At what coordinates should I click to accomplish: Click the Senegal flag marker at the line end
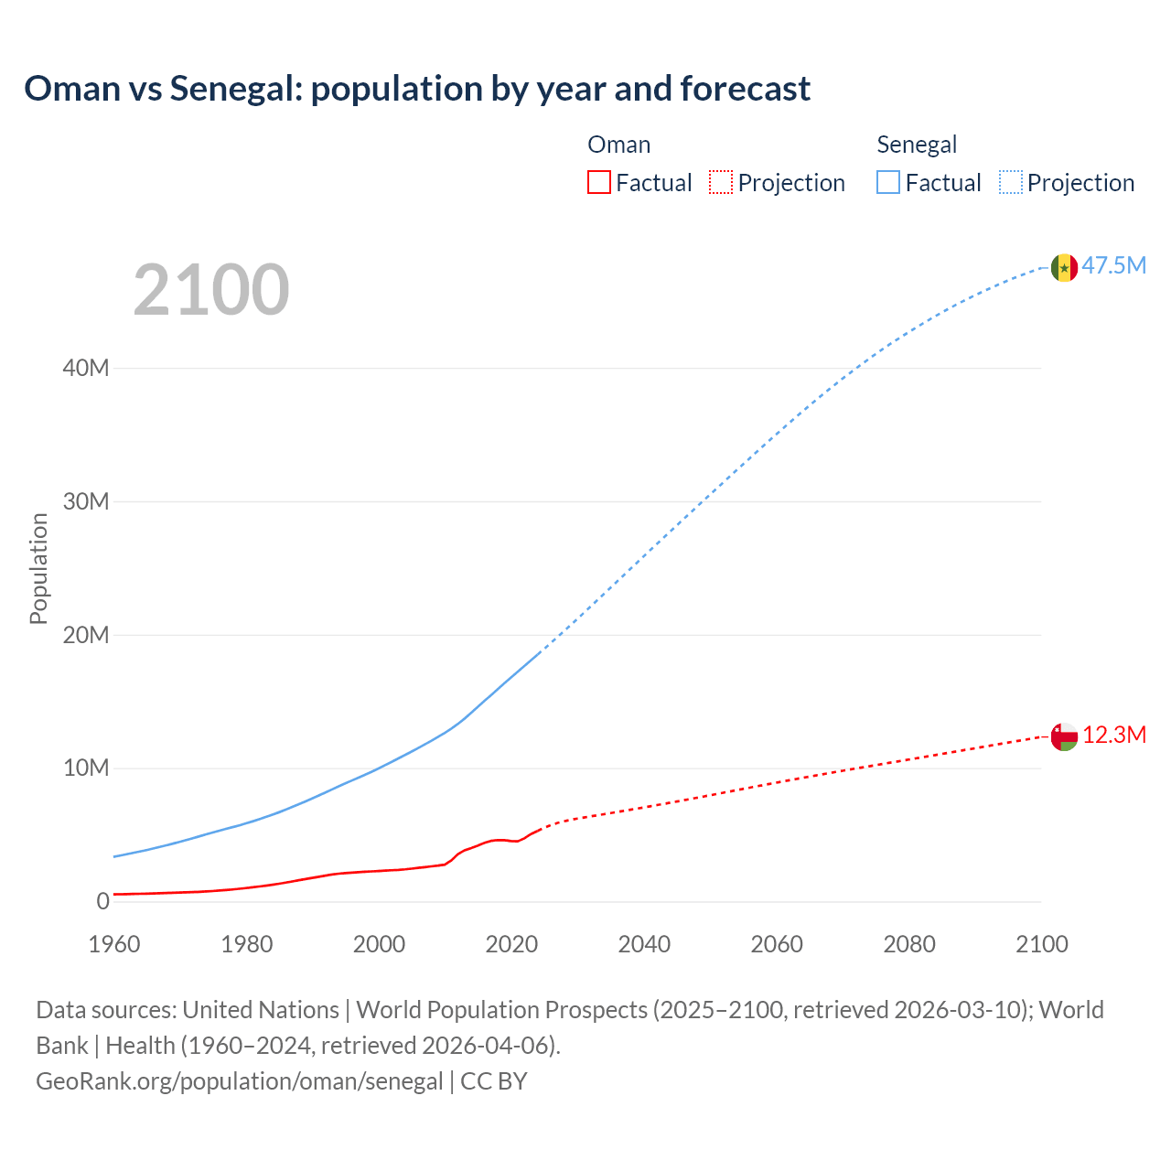(x=1064, y=267)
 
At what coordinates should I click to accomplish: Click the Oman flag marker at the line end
(x=1064, y=736)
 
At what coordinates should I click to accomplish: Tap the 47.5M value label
(x=1114, y=266)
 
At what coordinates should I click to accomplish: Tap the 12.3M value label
(x=1114, y=736)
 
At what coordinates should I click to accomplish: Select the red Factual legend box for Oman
(x=599, y=183)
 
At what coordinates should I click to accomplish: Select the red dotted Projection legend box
(x=721, y=183)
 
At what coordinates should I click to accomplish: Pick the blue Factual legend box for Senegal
(x=888, y=183)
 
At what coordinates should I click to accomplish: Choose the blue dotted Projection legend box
(x=1011, y=183)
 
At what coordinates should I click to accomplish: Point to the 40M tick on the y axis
(x=86, y=369)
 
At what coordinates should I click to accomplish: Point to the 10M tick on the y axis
(x=86, y=768)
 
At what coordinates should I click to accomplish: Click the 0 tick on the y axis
(x=102, y=902)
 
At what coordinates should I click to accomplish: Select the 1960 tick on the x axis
(x=114, y=944)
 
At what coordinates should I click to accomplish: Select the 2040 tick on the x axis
(x=644, y=944)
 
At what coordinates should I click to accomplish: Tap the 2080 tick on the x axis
(x=909, y=944)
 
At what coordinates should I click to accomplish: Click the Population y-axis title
(x=38, y=569)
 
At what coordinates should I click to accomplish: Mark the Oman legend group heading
(x=619, y=145)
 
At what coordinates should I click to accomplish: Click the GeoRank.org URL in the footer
(x=240, y=1081)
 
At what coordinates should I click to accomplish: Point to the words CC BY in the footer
(x=494, y=1081)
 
